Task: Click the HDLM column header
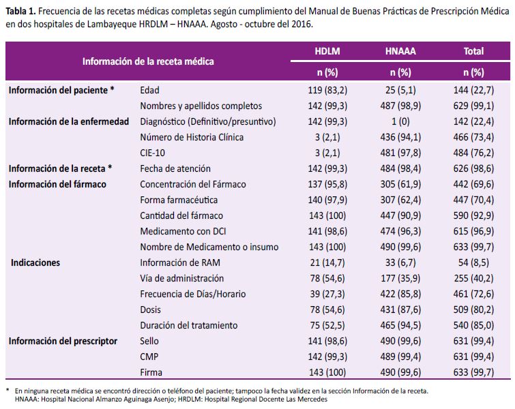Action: (x=327, y=51)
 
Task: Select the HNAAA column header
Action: (x=400, y=51)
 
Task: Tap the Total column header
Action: (x=473, y=51)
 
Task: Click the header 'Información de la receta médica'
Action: (x=148, y=61)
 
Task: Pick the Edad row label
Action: (x=149, y=90)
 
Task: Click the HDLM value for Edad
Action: (x=327, y=90)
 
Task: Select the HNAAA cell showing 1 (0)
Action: (x=400, y=121)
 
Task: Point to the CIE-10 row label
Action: (x=152, y=153)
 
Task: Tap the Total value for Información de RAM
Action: (x=473, y=262)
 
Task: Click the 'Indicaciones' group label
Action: (x=35, y=262)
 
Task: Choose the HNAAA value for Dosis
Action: (x=400, y=309)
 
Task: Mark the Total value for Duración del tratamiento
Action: (x=473, y=325)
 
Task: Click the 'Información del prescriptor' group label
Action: (x=63, y=341)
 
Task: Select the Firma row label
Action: (x=151, y=372)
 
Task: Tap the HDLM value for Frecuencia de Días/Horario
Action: (x=327, y=294)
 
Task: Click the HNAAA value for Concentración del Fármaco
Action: (x=400, y=184)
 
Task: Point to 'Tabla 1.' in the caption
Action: (x=20, y=12)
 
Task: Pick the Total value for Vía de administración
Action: (x=473, y=278)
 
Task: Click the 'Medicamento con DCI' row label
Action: (x=183, y=231)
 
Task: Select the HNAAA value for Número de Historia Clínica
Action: (x=400, y=137)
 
